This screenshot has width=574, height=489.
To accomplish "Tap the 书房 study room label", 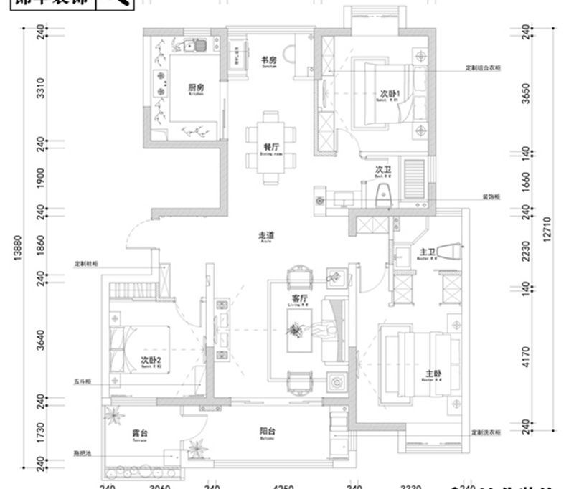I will click(x=268, y=60).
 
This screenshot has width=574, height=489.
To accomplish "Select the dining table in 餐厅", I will click(x=271, y=142).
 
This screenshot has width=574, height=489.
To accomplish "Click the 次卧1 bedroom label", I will click(x=390, y=94).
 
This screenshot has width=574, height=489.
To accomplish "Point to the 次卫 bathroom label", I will click(x=382, y=171).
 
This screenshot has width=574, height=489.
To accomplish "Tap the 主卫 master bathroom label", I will click(x=428, y=252).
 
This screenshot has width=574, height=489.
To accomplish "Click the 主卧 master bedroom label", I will click(x=433, y=374).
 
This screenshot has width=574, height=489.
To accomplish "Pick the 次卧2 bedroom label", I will click(x=149, y=360).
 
